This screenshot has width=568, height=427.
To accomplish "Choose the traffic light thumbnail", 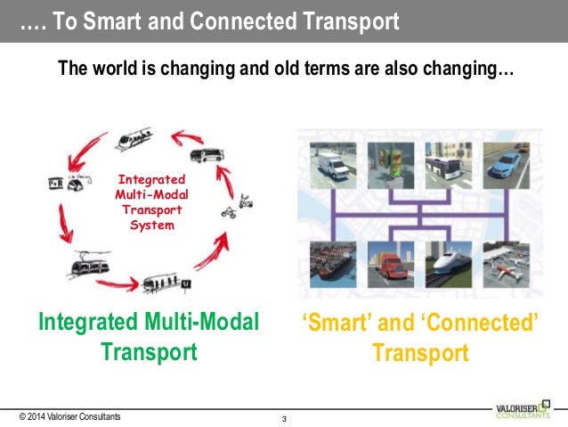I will coord(388,167).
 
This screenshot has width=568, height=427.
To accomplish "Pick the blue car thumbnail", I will coord(506,167).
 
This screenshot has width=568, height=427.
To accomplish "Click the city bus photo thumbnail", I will coord(447,167).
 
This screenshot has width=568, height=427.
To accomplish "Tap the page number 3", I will coord(283,419).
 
